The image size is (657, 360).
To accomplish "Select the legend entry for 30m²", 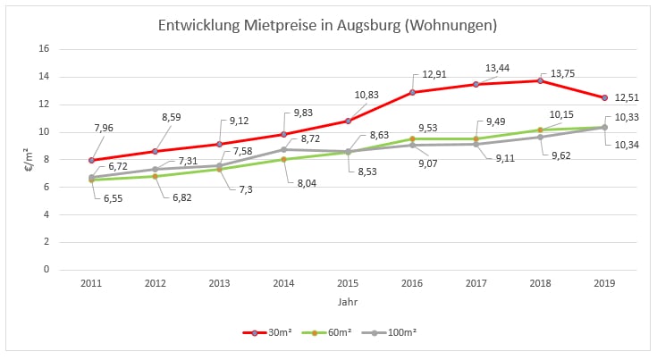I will coord(268,332).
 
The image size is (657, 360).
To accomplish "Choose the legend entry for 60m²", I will coord(331,332).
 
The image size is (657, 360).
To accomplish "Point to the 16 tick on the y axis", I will coord(41,50).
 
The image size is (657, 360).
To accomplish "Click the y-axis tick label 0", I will coord(44,270).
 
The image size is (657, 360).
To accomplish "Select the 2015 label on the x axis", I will coord(348,282).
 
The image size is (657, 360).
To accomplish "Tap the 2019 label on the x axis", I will coord(604,282).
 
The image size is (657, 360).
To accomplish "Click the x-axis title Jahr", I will coord(348,302).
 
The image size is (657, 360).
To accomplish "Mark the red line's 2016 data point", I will coord(412,92).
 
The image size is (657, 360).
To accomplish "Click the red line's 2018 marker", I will coord(540,80).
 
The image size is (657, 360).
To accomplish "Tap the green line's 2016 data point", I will coord(412,138).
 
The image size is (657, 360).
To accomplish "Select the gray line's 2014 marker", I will coord(283,149).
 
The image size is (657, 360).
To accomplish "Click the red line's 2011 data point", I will coord(91,160).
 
